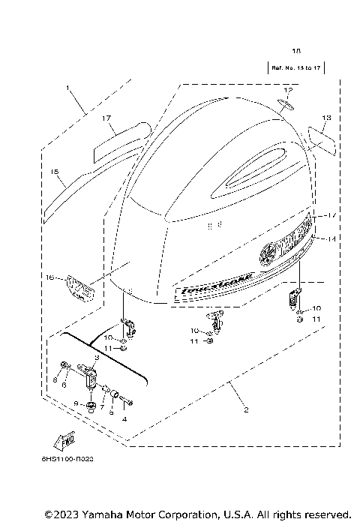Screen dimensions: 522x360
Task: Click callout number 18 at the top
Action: point(295,51)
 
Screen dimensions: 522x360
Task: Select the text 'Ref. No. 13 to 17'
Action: point(295,68)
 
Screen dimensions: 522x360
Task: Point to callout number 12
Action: point(287,90)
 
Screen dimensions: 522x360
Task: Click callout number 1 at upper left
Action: point(69,88)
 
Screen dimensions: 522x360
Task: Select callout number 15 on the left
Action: point(55,172)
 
